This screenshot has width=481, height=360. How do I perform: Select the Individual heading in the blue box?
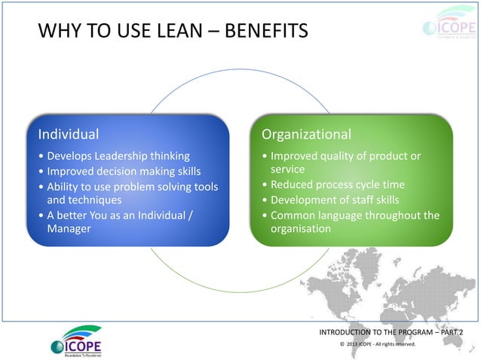point(69,135)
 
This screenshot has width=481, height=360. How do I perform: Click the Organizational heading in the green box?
point(306,135)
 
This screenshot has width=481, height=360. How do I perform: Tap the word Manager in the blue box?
point(69,228)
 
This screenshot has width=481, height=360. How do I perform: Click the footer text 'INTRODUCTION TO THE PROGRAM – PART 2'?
point(391,332)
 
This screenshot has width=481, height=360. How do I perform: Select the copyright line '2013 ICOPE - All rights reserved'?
point(380,345)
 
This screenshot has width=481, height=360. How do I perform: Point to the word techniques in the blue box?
point(74,200)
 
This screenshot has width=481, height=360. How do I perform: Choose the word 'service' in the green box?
point(290,170)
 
